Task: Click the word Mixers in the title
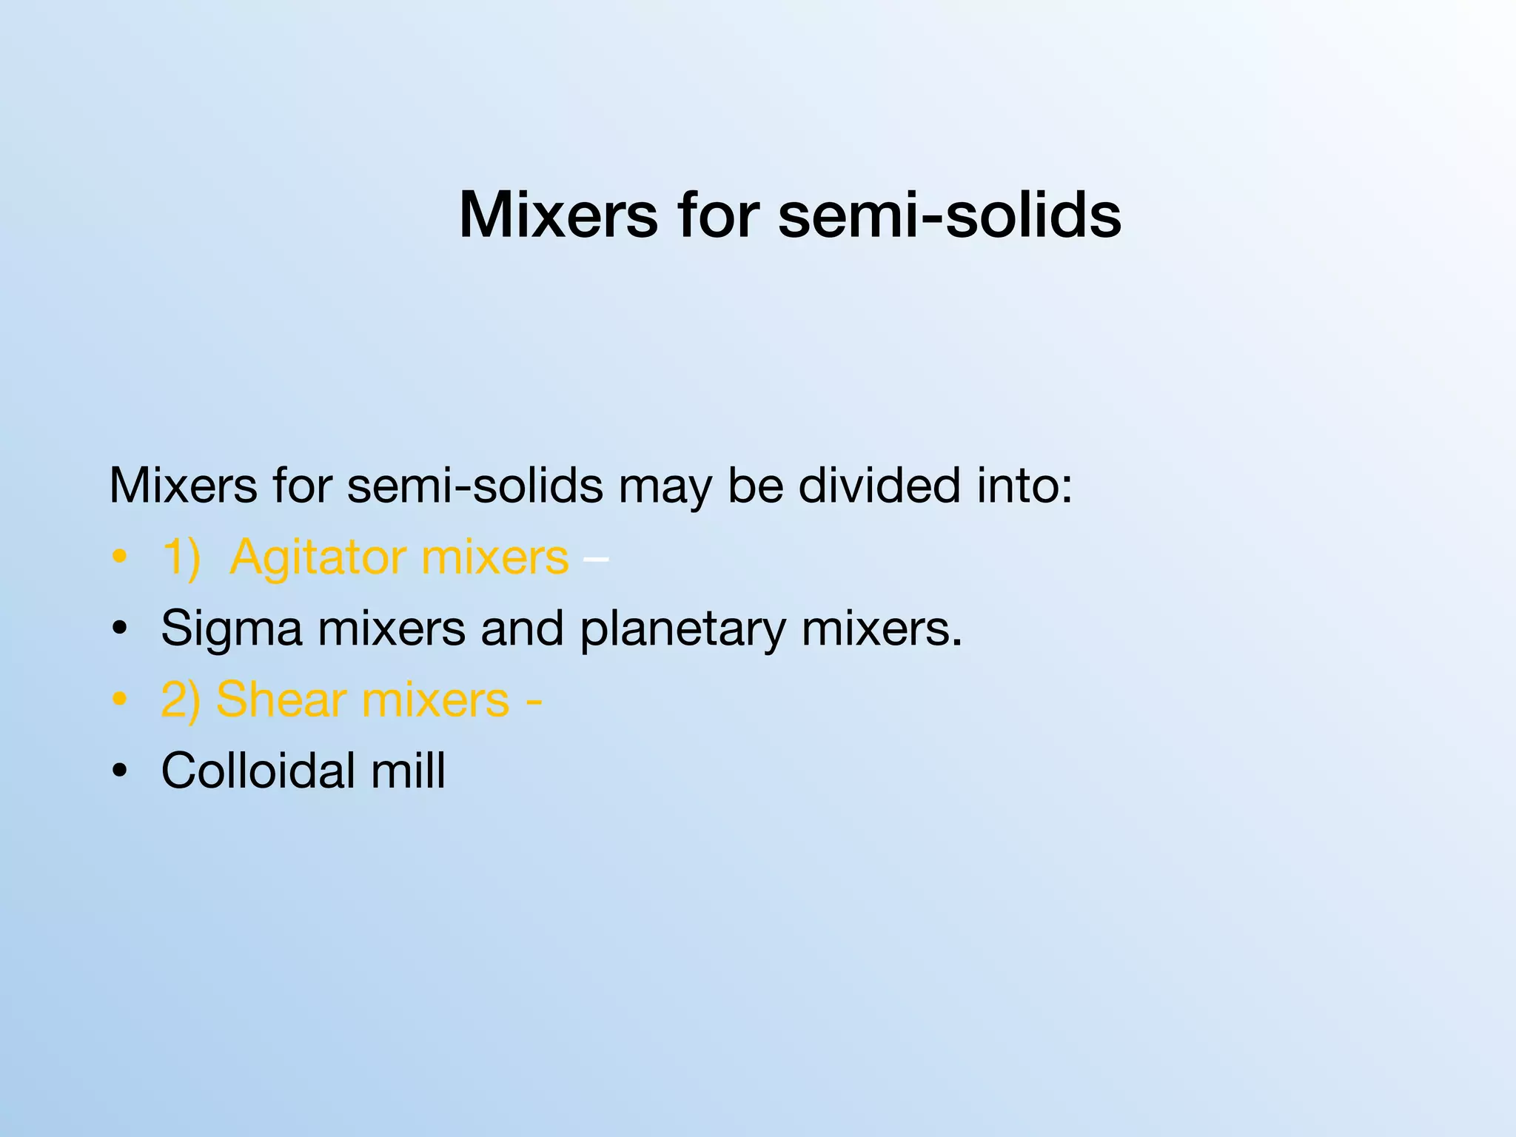coord(558,215)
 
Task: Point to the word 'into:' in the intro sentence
coord(1024,486)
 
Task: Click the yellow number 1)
coord(181,557)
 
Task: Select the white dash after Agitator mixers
coord(596,559)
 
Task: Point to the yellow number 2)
coord(181,700)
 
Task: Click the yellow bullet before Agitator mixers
coord(119,557)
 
